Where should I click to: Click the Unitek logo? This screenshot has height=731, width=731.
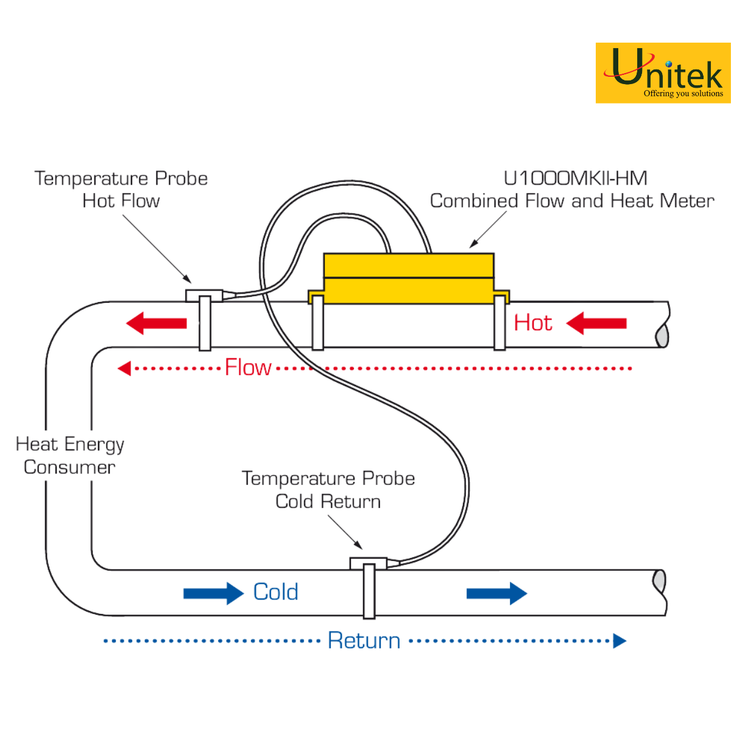663,72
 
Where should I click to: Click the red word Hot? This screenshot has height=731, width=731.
533,323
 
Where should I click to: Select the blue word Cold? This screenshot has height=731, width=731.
276,592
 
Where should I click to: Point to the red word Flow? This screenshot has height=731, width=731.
248,367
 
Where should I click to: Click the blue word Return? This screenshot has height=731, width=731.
364,641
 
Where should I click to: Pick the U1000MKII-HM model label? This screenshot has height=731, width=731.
575,178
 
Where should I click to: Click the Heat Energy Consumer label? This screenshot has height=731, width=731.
69,455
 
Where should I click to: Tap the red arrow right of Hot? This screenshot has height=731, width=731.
596,323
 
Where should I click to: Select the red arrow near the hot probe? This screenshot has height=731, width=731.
157,323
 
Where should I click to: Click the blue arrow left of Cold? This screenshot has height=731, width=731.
213,593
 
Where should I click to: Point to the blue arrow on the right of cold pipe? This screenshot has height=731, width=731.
496,593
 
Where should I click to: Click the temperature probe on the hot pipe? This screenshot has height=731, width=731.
205,296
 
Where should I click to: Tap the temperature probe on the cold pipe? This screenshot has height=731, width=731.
369,563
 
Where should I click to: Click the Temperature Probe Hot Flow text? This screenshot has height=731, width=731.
121,189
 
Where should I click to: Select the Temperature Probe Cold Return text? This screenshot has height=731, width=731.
328,490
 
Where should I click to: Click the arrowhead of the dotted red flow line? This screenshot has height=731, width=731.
124,368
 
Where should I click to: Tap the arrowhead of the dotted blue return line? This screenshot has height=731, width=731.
620,641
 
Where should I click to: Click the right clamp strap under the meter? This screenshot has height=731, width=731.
500,323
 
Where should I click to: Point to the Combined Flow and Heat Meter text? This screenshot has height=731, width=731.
572,201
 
